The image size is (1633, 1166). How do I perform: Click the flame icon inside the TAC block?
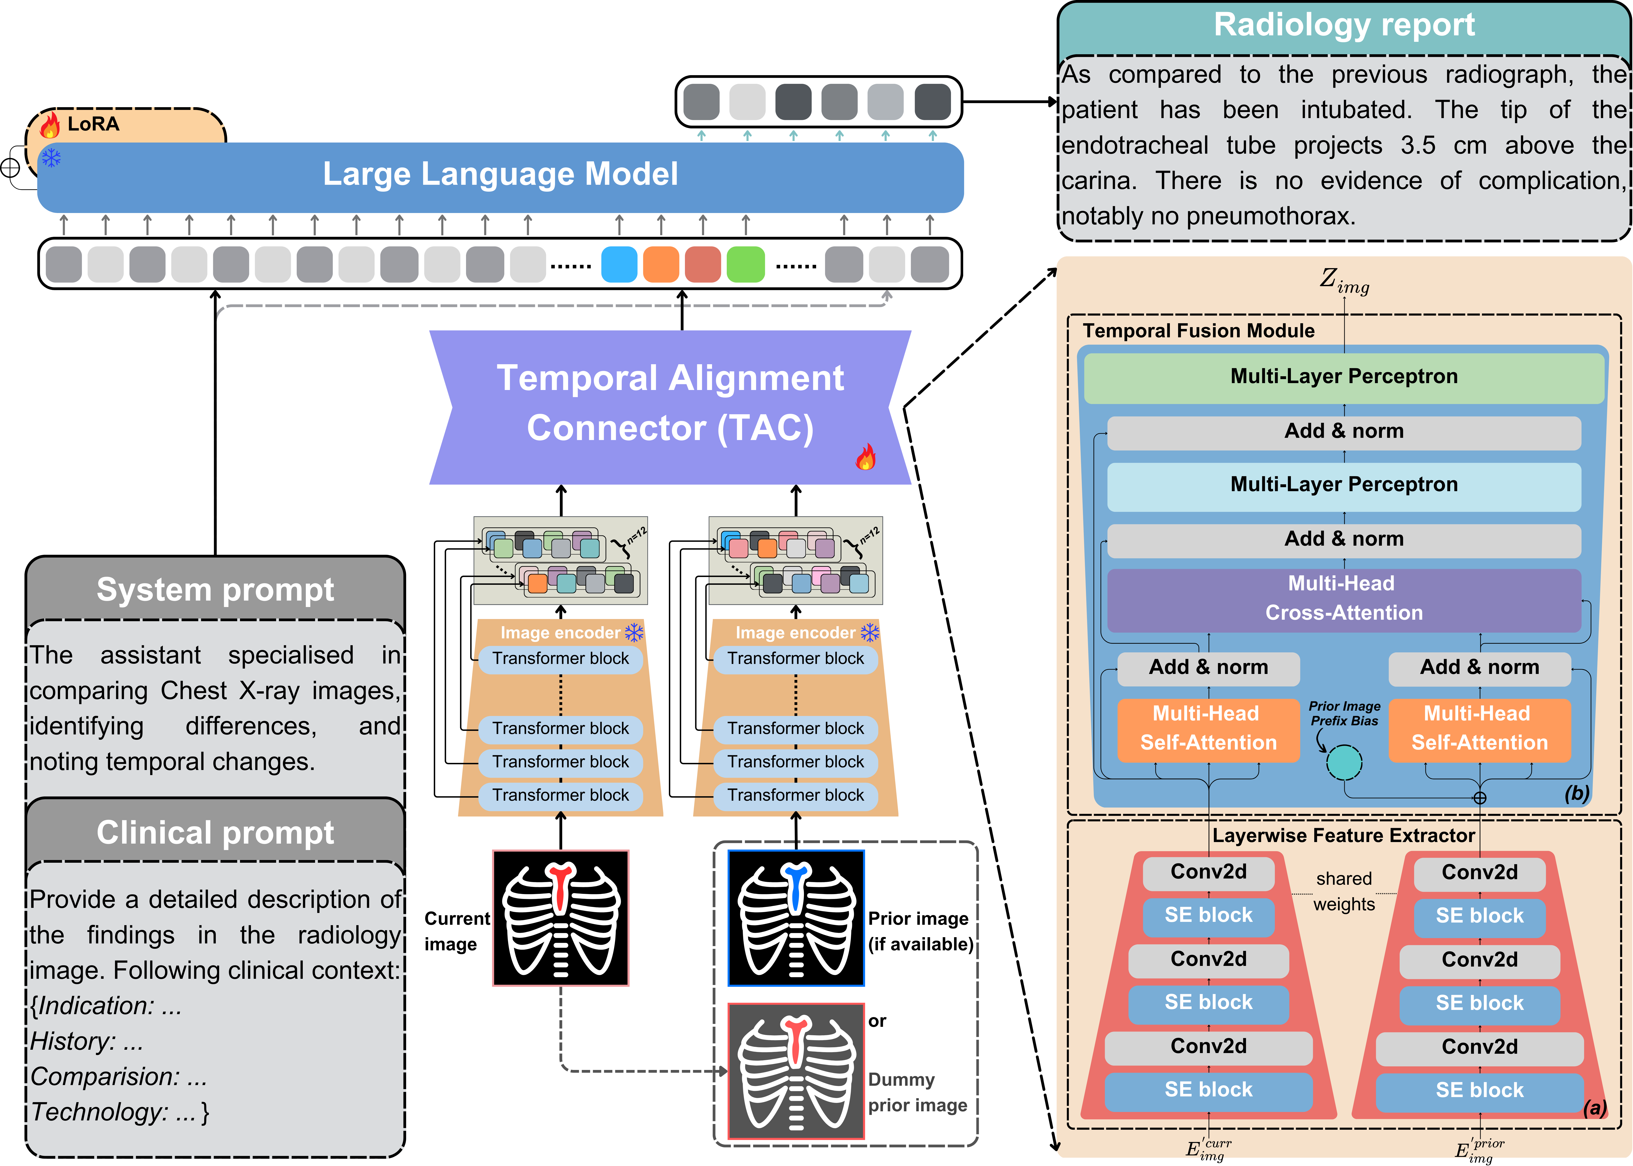[865, 457]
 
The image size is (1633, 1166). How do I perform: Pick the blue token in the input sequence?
[618, 264]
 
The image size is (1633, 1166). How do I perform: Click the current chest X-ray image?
[560, 918]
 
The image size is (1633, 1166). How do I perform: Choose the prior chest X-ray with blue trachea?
[796, 918]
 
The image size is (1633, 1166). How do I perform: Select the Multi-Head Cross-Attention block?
[1343, 598]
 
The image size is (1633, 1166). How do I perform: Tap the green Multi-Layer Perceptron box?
[1343, 376]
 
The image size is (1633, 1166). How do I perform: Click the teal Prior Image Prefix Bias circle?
[1344, 762]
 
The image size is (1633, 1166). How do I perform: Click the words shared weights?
[1344, 891]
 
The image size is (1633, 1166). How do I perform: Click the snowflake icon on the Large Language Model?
[51, 157]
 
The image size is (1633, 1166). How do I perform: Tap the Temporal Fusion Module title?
[1199, 331]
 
